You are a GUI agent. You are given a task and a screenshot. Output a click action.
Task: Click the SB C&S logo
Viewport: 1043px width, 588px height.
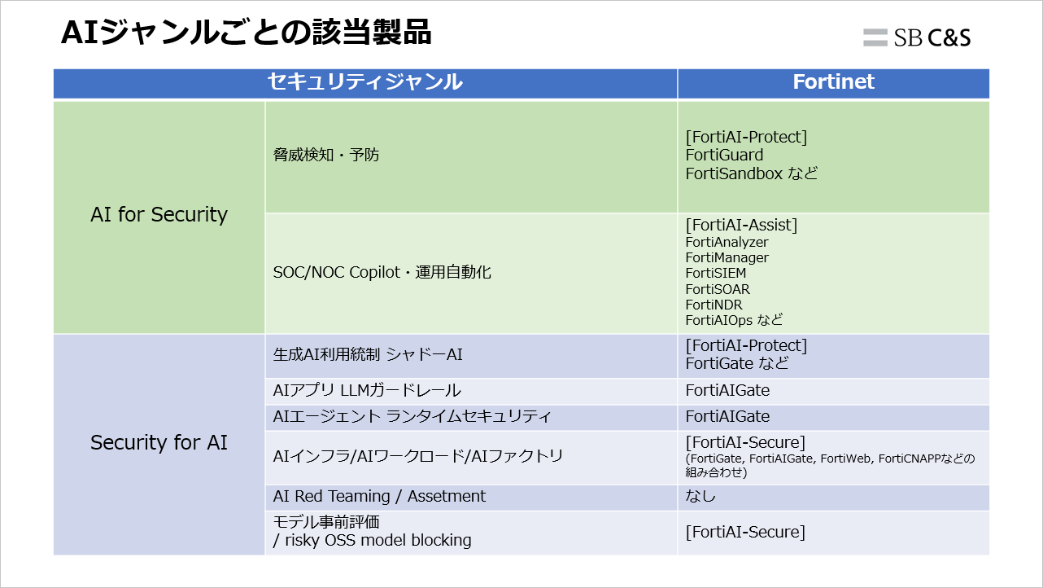coord(917,37)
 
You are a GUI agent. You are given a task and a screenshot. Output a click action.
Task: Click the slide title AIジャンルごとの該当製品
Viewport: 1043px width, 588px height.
coord(246,33)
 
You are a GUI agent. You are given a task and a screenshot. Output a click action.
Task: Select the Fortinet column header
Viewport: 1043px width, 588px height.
coord(833,82)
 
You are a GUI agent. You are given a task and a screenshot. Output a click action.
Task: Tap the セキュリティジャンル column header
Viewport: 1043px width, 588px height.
coord(365,82)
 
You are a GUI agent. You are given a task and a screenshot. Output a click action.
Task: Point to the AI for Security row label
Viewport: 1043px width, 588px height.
coord(159,215)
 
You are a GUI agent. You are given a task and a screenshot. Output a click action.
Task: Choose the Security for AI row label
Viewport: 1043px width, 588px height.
coord(159,443)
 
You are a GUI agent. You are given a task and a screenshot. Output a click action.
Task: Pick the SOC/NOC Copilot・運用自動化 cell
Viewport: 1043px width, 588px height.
coord(382,273)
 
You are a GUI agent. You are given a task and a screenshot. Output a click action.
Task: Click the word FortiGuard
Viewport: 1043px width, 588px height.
coord(724,156)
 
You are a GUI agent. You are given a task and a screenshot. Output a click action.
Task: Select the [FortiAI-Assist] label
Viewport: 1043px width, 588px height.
coord(741,225)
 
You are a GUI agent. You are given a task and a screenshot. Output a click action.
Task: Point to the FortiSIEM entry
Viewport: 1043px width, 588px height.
coord(715,274)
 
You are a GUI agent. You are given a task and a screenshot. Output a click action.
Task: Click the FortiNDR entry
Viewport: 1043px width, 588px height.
coord(714,305)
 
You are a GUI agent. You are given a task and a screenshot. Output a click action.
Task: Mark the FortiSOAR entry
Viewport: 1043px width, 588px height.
coord(718,289)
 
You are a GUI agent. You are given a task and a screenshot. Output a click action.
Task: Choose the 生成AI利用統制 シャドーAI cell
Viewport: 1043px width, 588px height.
coord(368,355)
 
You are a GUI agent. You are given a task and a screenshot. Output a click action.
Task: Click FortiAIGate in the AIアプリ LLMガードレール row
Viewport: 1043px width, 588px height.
coord(727,391)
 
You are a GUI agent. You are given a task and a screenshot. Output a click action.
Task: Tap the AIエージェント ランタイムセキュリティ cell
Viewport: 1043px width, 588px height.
coord(412,417)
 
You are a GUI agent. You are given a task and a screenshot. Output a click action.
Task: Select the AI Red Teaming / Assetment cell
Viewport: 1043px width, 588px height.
coord(379,497)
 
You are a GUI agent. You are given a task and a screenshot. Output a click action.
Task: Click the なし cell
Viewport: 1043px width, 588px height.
coord(700,497)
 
